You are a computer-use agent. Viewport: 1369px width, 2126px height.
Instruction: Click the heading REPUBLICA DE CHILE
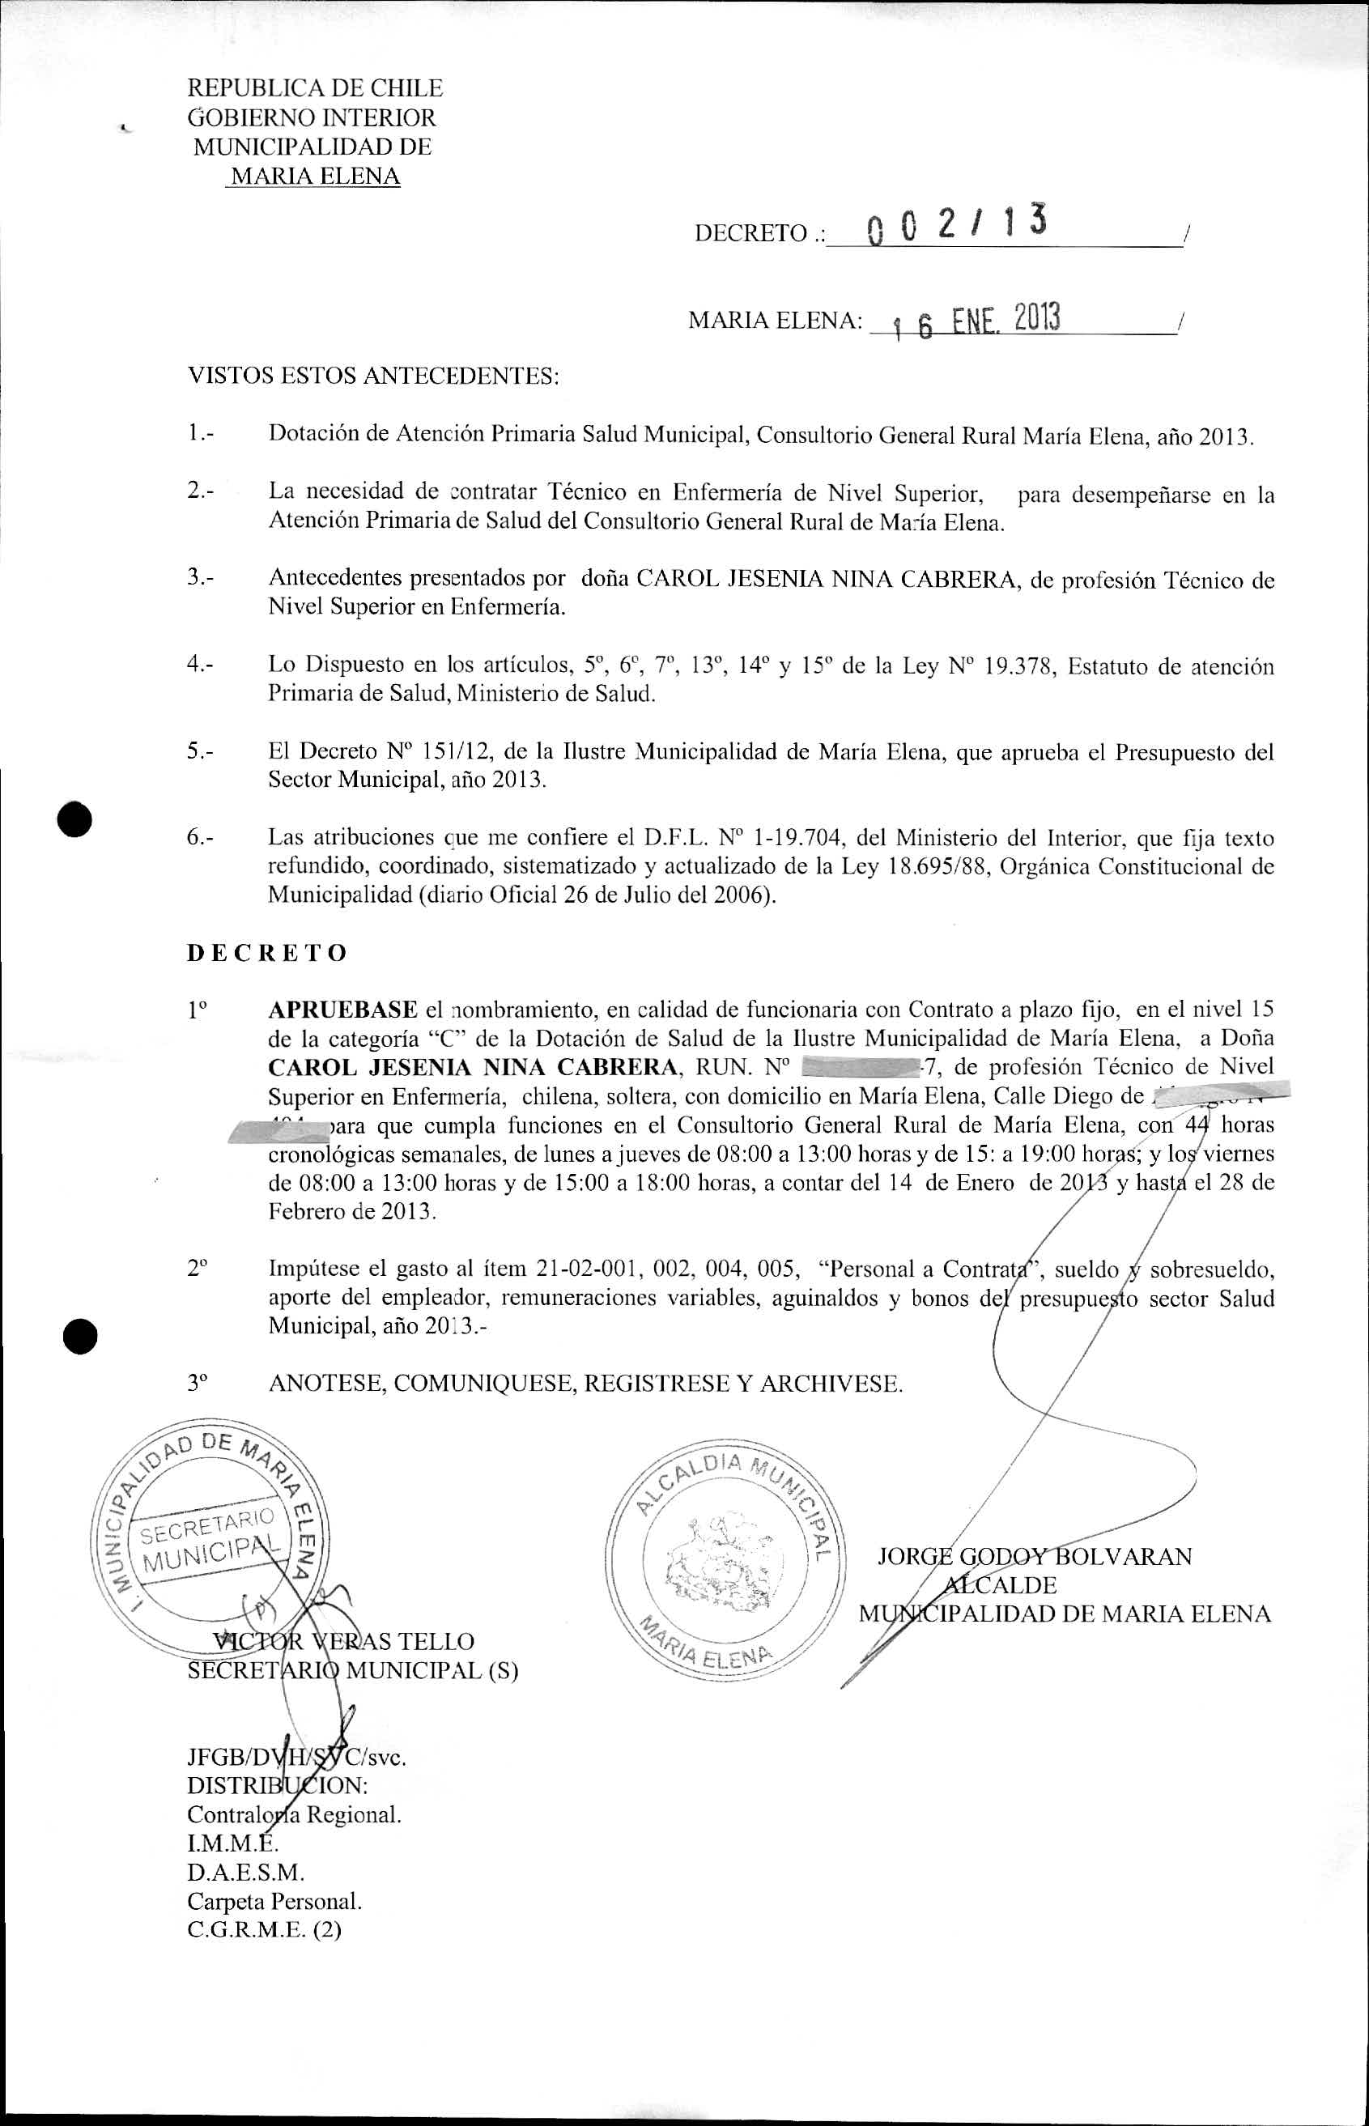[x=315, y=88]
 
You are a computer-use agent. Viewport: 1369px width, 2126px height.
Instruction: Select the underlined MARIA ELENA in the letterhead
[x=315, y=176]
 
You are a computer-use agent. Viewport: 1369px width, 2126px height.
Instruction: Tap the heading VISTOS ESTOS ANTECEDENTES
[x=373, y=376]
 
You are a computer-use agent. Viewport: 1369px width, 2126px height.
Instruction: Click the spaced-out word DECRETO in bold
[x=266, y=953]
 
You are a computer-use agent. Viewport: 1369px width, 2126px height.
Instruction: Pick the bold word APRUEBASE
[x=342, y=1010]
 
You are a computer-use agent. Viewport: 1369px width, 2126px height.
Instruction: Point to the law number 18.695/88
[x=944, y=866]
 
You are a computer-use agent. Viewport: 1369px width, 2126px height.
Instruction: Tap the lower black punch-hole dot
[x=79, y=1335]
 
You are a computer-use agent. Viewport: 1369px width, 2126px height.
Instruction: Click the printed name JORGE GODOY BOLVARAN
[x=1034, y=1556]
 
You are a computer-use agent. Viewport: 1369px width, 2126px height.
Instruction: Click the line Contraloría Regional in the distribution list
[x=294, y=1814]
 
